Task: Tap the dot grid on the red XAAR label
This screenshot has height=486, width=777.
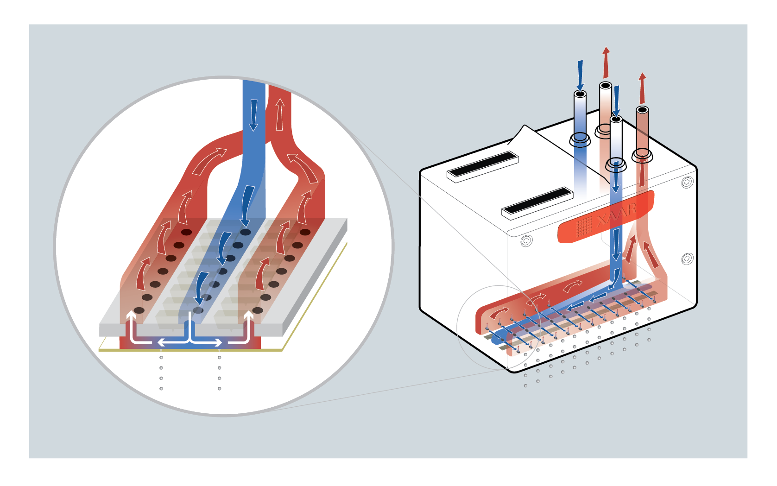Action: pyautogui.click(x=584, y=226)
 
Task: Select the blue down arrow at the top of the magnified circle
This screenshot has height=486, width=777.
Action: pyautogui.click(x=253, y=115)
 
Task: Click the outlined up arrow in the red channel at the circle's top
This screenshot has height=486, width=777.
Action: pyautogui.click(x=279, y=114)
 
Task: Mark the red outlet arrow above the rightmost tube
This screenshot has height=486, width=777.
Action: pyautogui.click(x=642, y=88)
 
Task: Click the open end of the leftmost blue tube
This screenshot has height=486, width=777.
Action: pyautogui.click(x=580, y=94)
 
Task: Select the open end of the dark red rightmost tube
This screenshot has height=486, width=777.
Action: pyautogui.click(x=642, y=110)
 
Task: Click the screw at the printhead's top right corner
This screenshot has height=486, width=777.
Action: pyautogui.click(x=687, y=183)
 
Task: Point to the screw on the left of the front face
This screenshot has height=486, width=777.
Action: pyautogui.click(x=526, y=240)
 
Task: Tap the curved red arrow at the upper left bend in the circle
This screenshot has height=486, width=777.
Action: pyautogui.click(x=210, y=161)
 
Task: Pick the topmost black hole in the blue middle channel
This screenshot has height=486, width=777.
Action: pyautogui.click(x=245, y=232)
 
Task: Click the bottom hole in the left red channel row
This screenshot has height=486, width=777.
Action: pyautogui.click(x=139, y=310)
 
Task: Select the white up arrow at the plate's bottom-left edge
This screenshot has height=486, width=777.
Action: pyautogui.click(x=132, y=320)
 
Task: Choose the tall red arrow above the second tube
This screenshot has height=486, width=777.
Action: pyautogui.click(x=606, y=62)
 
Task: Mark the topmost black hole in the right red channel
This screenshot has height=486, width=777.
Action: pyautogui.click(x=305, y=232)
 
